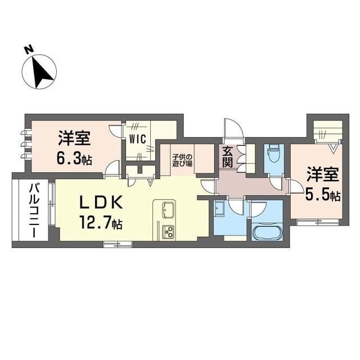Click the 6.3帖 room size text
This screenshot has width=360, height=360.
coord(73,159)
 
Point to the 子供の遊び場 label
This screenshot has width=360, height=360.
coord(182,160)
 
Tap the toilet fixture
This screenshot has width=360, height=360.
coord(274,156)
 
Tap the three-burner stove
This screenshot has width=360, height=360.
coord(168,231)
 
